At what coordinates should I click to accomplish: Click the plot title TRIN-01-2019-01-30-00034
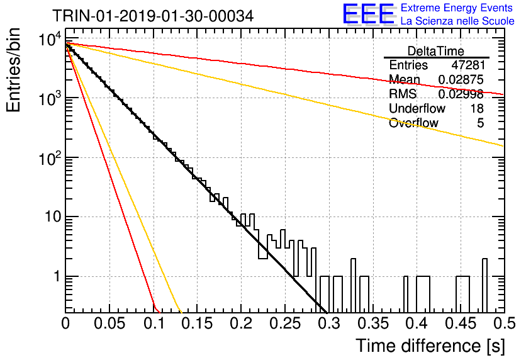point(153,16)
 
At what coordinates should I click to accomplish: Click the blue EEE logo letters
point(368,14)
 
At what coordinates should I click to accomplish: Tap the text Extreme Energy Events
point(457,8)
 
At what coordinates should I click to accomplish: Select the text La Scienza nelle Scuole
point(457,21)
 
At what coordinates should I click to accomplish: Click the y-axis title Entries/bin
point(14,70)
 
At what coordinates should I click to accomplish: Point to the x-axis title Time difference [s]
point(430,346)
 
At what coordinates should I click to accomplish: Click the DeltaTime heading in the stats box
point(436,51)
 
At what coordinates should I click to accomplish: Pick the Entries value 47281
point(468,65)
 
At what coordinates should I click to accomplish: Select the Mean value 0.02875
point(461,79)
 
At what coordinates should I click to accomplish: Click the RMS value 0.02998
point(461,94)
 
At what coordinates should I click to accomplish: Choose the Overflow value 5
point(480,123)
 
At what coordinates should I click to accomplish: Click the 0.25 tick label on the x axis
point(285,323)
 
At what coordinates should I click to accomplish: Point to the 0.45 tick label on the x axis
point(461,323)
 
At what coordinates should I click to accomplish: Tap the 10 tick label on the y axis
point(53,217)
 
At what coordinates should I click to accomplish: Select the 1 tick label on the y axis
point(57,276)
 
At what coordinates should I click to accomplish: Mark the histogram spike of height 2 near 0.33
point(353,267)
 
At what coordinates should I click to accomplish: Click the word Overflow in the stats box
point(413,123)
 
